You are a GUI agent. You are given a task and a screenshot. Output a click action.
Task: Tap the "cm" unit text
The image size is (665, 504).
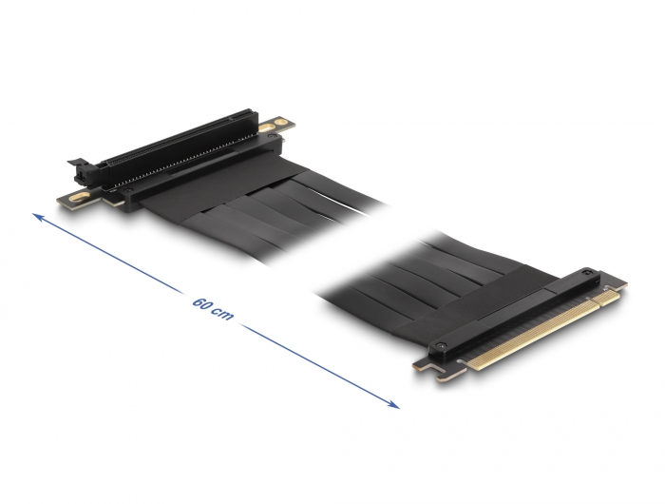tap(224, 314)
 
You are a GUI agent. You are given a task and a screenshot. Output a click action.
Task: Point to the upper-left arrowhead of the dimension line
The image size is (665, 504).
tap(38, 217)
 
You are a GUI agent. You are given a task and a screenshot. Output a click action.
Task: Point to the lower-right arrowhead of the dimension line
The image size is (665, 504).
tap(393, 405)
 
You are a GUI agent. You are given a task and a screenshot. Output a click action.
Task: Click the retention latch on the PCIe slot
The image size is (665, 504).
tap(82, 170)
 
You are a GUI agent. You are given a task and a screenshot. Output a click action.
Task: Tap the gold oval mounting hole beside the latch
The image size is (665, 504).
tap(80, 197)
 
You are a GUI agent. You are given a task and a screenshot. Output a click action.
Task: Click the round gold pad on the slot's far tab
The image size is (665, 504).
tap(280, 123)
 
